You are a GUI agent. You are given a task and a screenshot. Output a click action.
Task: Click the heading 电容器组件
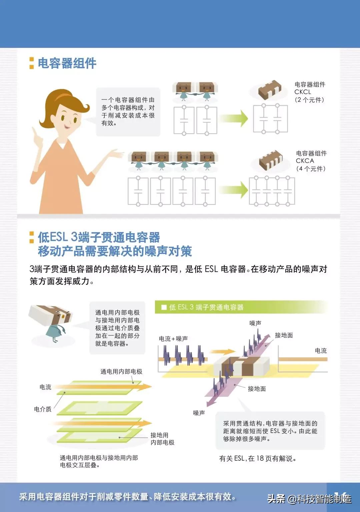(x=67, y=63)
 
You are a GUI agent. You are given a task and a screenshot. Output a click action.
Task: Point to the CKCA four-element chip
(x=271, y=160)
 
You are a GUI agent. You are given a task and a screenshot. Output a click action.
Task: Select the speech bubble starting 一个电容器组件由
(x=128, y=112)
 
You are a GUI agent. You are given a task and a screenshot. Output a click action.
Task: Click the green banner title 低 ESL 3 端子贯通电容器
(x=206, y=307)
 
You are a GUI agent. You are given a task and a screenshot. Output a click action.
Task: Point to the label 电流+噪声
(x=173, y=339)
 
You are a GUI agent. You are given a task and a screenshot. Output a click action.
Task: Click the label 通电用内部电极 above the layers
(x=121, y=371)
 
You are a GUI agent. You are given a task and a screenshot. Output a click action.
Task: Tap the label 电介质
(x=43, y=409)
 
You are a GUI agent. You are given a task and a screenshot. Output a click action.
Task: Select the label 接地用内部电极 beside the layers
(x=162, y=439)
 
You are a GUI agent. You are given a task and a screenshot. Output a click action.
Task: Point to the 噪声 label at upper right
(x=255, y=323)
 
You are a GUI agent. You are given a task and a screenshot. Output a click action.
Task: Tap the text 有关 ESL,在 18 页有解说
(x=258, y=459)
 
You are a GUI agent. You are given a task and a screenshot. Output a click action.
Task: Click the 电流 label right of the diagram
(x=321, y=350)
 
